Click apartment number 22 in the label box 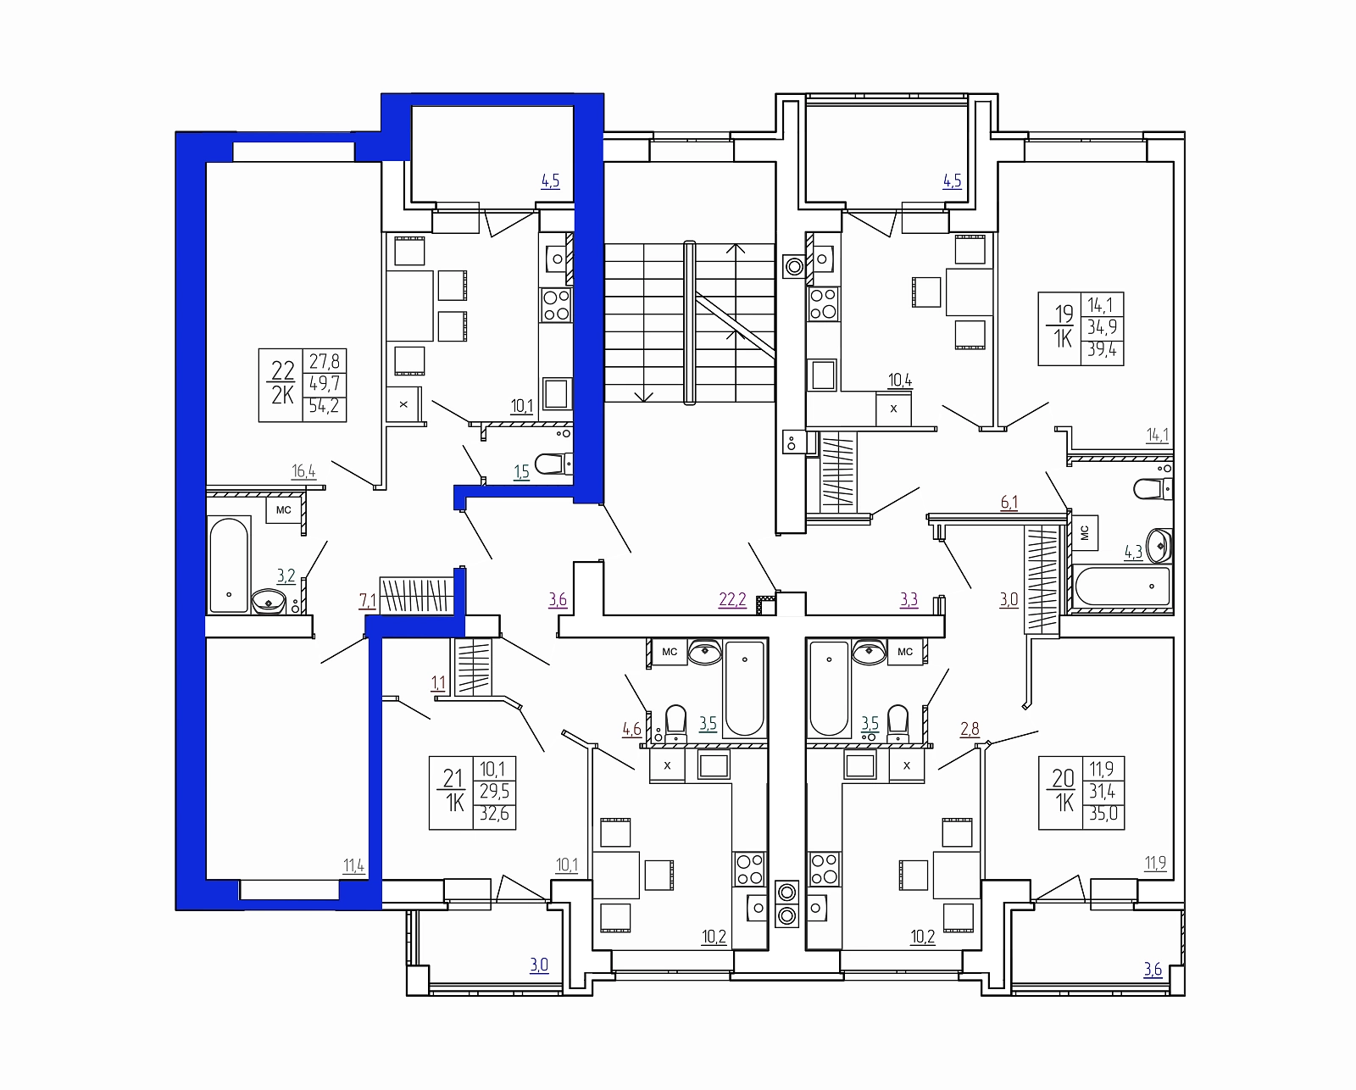pos(283,370)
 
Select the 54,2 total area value pos(324,406)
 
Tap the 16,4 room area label pos(303,471)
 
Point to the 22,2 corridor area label pos(732,599)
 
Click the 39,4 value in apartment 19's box pos(1102,349)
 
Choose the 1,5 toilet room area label pos(521,471)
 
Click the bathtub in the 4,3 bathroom pos(1122,587)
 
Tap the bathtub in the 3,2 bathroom pos(229,564)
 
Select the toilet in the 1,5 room pos(553,464)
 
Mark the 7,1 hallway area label pos(367,601)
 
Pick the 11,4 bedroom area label pos(353,865)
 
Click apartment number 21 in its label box pos(453,778)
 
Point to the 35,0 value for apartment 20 pos(1103,813)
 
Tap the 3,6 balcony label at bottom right pos(1153,970)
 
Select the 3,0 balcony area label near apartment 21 pos(539,965)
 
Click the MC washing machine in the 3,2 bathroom pos(284,510)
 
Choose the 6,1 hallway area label pos(1009,503)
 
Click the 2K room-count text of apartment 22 pos(282,395)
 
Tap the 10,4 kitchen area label pos(900,381)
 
